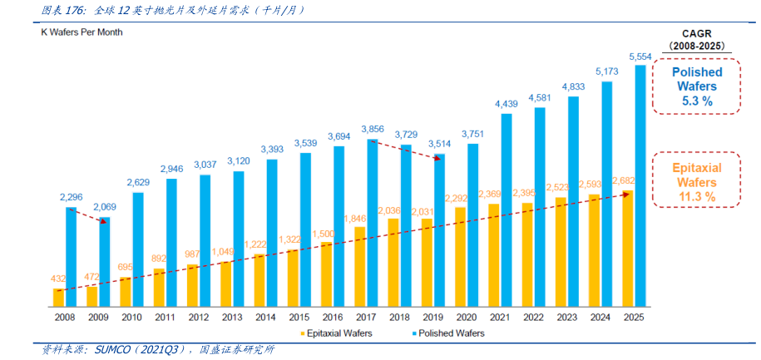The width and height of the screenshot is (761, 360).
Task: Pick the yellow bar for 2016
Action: [327, 274]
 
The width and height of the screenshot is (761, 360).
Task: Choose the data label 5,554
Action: [640, 57]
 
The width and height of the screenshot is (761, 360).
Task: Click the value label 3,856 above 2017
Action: [373, 129]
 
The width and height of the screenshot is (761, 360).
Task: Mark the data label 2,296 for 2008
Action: [71, 197]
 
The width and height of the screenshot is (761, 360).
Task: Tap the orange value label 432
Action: [58, 279]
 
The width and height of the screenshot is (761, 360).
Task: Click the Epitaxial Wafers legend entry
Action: [338, 333]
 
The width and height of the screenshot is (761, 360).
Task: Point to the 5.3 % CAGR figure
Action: [697, 100]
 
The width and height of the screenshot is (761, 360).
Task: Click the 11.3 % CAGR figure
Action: [697, 196]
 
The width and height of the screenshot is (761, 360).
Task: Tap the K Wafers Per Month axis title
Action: [82, 32]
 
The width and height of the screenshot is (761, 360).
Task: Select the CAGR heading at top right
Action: [697, 33]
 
